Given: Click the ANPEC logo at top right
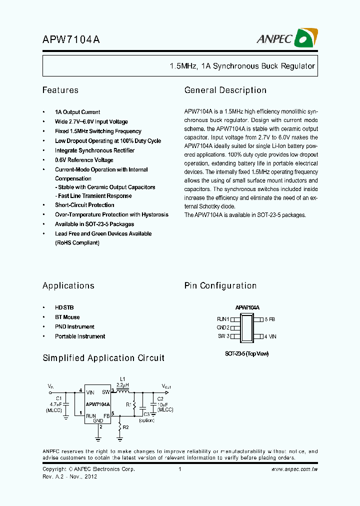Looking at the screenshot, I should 287,38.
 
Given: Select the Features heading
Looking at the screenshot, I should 60,90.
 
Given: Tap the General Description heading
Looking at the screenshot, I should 225,90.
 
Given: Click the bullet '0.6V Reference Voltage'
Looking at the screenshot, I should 84,160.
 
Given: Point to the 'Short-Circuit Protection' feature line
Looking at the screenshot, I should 84,205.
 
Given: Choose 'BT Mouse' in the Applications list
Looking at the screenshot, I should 67,317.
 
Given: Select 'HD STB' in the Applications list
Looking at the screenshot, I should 64,307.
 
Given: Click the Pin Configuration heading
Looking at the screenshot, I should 220,286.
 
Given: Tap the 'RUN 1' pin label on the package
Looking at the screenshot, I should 223,319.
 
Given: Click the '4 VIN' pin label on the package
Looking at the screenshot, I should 270,336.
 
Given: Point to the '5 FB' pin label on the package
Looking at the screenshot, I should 269,319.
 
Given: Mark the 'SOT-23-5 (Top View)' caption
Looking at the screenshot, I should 246,353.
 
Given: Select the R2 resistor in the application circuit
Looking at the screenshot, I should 119,427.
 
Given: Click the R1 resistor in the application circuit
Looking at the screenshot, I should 134,404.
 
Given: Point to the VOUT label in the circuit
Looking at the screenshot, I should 166,386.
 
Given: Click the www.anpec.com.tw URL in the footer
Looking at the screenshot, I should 294,469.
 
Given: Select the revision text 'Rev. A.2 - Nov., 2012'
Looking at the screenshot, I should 69,476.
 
